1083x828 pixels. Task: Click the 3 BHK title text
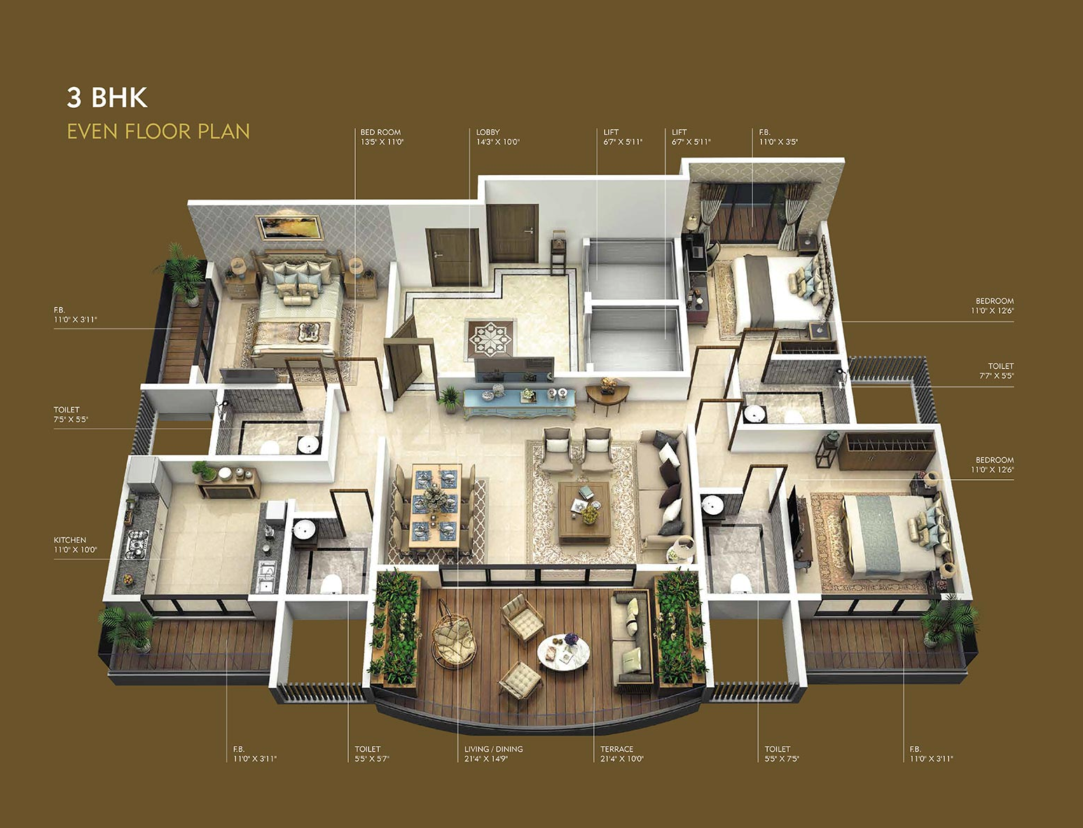pos(107,98)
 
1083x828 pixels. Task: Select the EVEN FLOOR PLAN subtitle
pos(158,132)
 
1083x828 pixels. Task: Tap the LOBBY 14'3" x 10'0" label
pos(497,137)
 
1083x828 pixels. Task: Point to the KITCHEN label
pos(75,545)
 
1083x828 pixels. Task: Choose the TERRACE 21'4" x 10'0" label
pos(621,754)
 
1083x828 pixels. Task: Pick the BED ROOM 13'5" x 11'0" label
pos(382,137)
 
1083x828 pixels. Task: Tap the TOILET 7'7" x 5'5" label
pos(996,371)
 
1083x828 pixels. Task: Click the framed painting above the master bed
pos(289,228)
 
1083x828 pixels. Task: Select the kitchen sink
pos(266,576)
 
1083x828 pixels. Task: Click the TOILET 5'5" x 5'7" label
pos(371,754)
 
